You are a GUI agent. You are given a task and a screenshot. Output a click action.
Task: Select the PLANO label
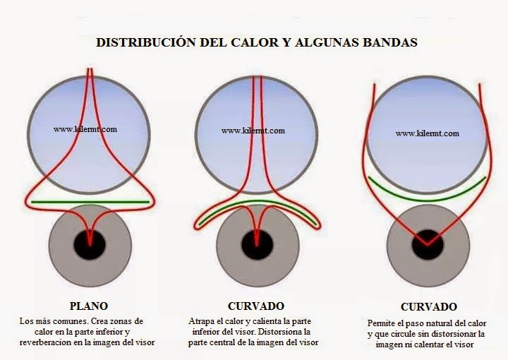pos(89,306)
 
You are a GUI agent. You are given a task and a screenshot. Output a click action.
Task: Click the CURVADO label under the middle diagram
pos(256,306)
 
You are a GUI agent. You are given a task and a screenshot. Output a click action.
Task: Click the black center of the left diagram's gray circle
pos(90,244)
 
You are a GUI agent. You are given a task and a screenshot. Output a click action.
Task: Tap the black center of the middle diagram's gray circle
pos(257,244)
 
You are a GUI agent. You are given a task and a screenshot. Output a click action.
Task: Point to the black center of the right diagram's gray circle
pos(428,244)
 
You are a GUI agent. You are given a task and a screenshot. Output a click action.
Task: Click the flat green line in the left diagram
pos(90,203)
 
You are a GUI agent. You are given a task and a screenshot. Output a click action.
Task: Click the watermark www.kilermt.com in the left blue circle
pos(85,129)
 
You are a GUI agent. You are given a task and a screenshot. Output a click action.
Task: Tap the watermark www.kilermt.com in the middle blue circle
pos(253,131)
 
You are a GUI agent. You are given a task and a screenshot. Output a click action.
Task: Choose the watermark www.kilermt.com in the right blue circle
pos(427,133)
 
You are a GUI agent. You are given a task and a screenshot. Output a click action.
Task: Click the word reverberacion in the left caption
pos(47,342)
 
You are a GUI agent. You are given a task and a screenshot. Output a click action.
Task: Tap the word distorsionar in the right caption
pos(448,333)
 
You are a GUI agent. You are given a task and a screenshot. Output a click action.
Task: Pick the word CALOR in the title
pos(258,42)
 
